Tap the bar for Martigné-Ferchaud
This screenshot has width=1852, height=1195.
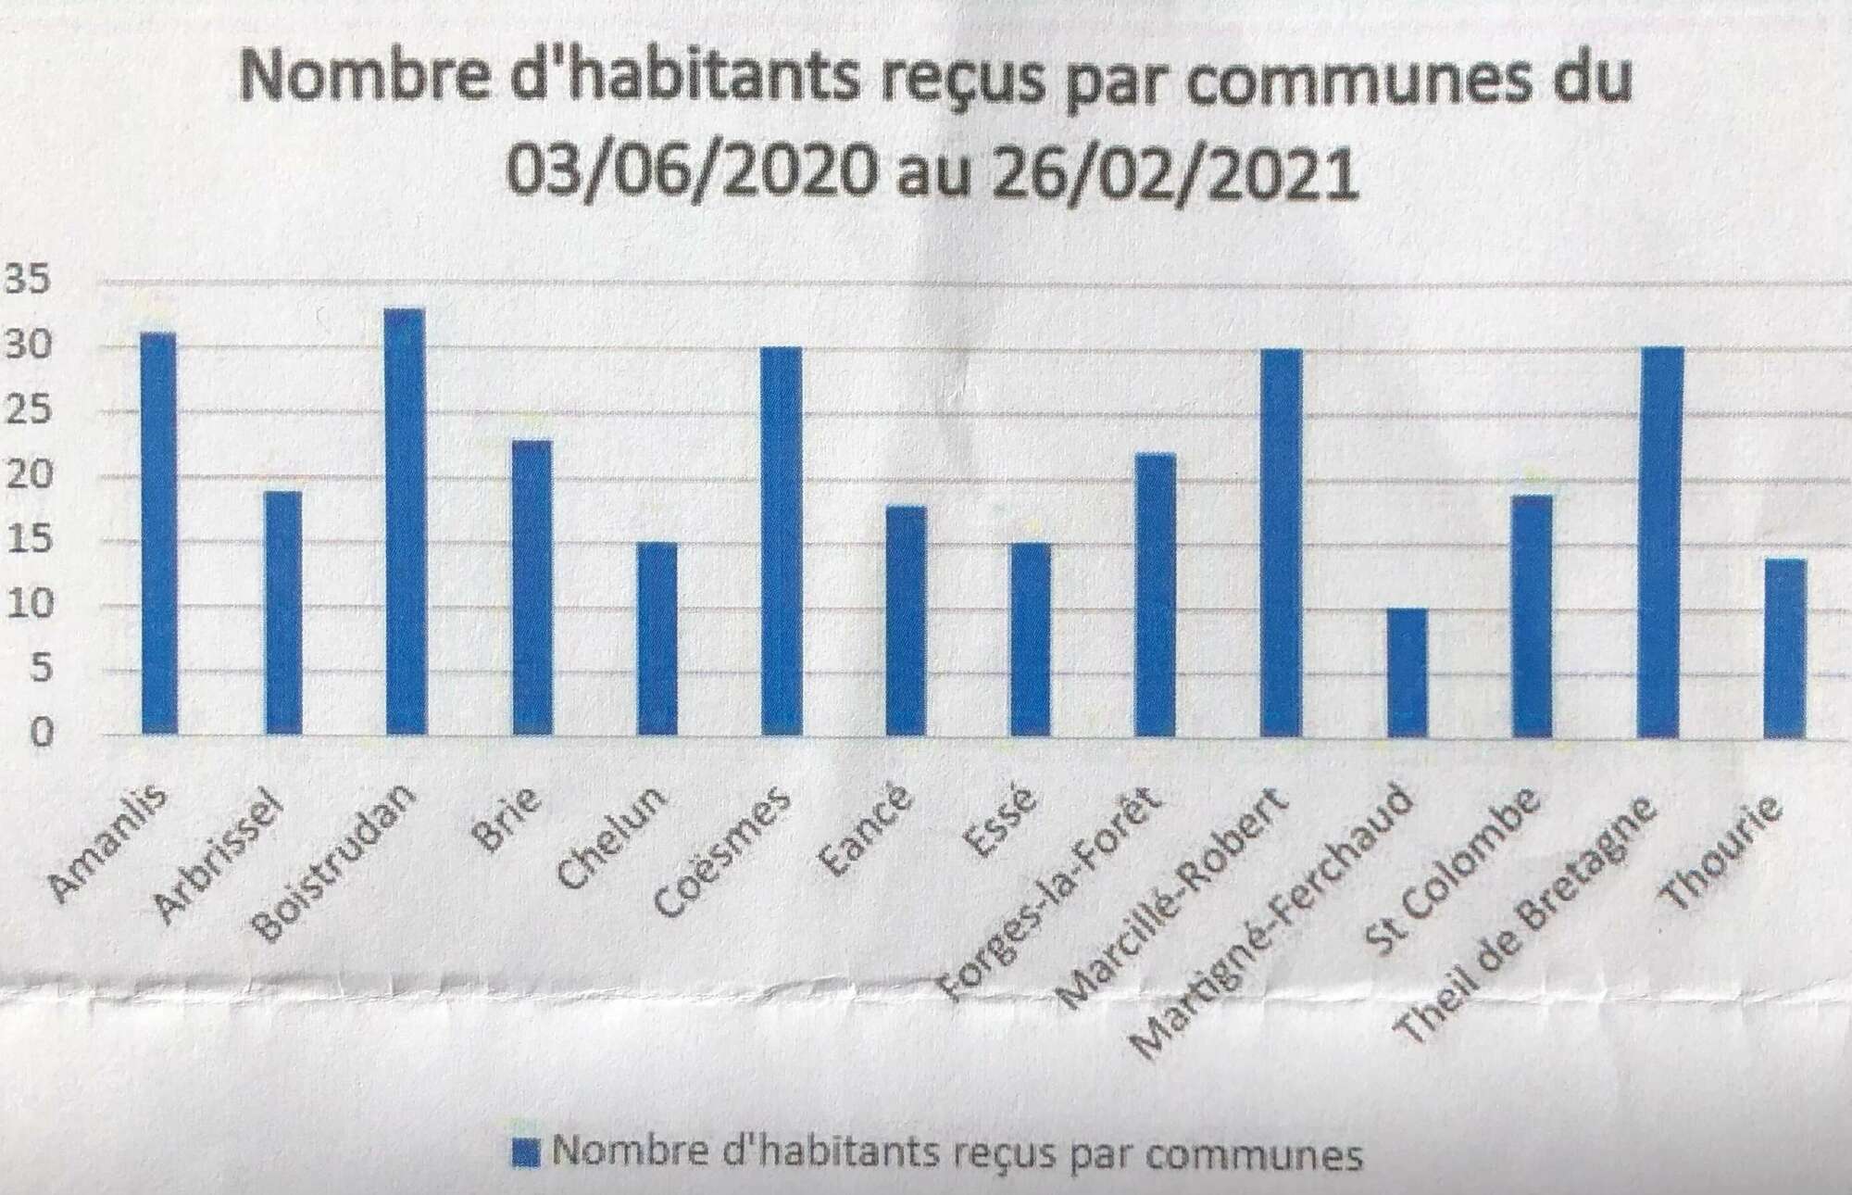pos(1407,673)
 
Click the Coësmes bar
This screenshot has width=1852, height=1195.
pos(781,542)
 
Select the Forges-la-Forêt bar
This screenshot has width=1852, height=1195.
pos(1156,595)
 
